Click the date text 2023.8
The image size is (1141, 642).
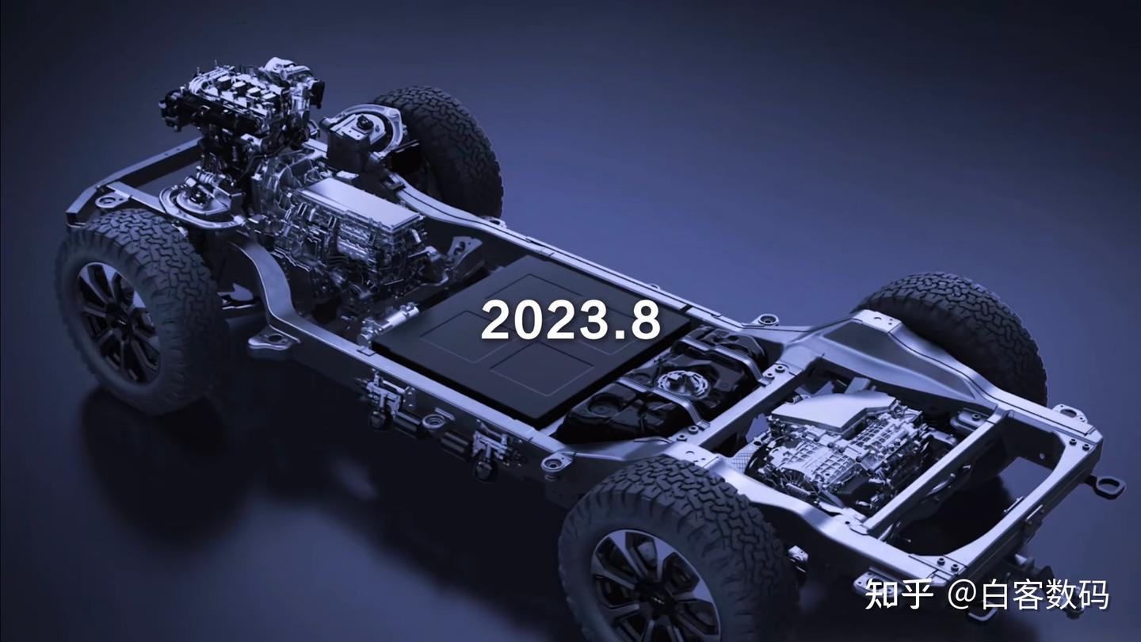pos(570,320)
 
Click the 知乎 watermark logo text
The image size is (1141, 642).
pos(899,594)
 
